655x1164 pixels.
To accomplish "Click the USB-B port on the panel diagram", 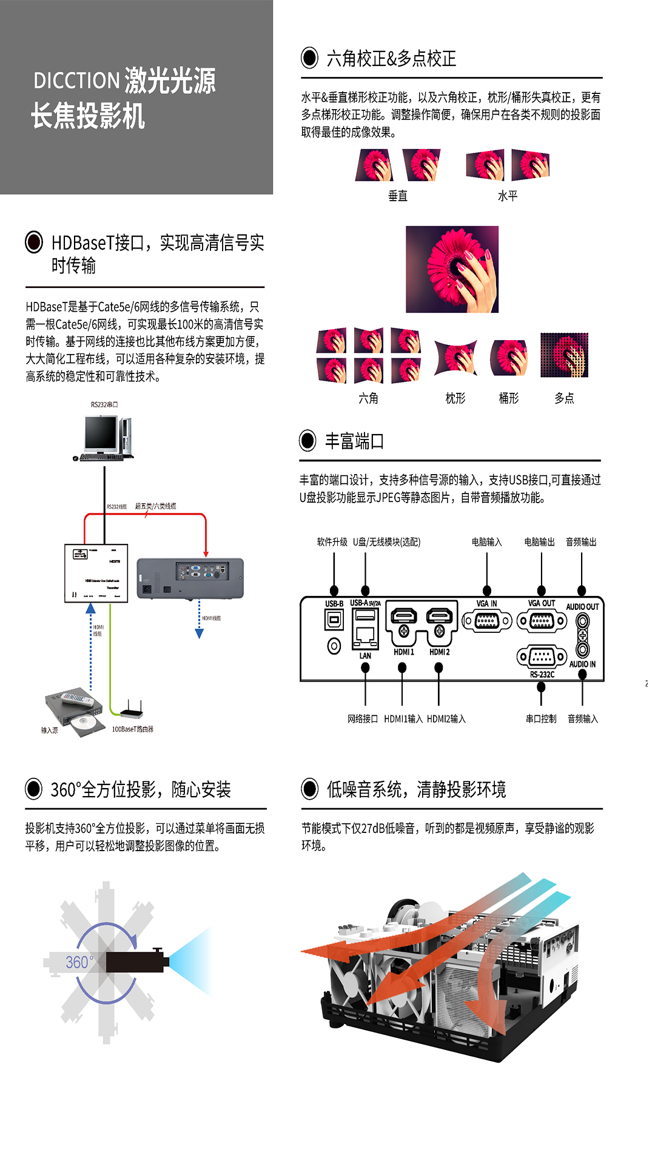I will [x=334, y=620].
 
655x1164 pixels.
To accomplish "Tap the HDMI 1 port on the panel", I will [x=403, y=616].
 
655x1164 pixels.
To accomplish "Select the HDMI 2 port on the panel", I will [x=440, y=616].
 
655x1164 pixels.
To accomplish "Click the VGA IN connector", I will [x=486, y=621].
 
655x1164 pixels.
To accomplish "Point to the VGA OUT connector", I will [x=542, y=621].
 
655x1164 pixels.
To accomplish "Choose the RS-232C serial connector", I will [x=542, y=657].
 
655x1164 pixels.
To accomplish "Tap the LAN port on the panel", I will [x=365, y=635].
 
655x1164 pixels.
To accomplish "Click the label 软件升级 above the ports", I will [x=332, y=542].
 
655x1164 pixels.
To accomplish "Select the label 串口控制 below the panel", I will [x=541, y=719].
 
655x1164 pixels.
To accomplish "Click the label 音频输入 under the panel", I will [x=583, y=719].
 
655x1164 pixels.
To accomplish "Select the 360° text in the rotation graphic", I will [x=79, y=962].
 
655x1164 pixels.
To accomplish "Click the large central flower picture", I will [x=452, y=269].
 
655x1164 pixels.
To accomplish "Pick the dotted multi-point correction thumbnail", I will [x=564, y=355].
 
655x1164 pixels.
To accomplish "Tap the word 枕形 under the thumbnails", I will [x=455, y=398].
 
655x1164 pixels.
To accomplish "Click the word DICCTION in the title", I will [x=76, y=81].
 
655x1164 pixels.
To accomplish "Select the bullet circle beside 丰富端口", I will [x=307, y=441].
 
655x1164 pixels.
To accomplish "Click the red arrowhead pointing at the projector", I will [x=206, y=553].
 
